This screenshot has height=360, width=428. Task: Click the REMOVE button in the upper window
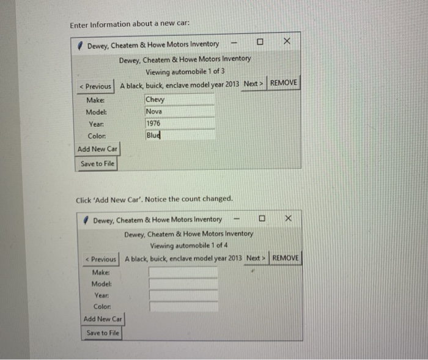pyautogui.click(x=284, y=83)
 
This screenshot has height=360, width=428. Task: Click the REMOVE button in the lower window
pyautogui.click(x=286, y=259)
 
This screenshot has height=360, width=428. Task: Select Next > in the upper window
pyautogui.click(x=253, y=83)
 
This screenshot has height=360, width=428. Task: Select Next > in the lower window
pyautogui.click(x=256, y=259)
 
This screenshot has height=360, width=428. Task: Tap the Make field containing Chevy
pyautogui.click(x=179, y=100)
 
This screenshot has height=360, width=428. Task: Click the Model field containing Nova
pyautogui.click(x=179, y=112)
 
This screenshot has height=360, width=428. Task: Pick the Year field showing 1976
pyautogui.click(x=179, y=123)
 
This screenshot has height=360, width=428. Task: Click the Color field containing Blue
pyautogui.click(x=179, y=135)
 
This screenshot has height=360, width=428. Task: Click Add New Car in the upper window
pyautogui.click(x=97, y=149)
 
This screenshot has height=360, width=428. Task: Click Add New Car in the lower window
pyautogui.click(x=103, y=319)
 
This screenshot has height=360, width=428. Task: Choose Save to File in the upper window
pyautogui.click(x=97, y=164)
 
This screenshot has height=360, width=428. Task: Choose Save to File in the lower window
pyautogui.click(x=103, y=333)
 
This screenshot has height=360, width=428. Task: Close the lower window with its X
pyautogui.click(x=289, y=219)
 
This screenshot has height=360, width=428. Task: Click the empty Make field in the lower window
pyautogui.click(x=183, y=272)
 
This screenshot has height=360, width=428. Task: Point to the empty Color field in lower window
pyautogui.click(x=183, y=306)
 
